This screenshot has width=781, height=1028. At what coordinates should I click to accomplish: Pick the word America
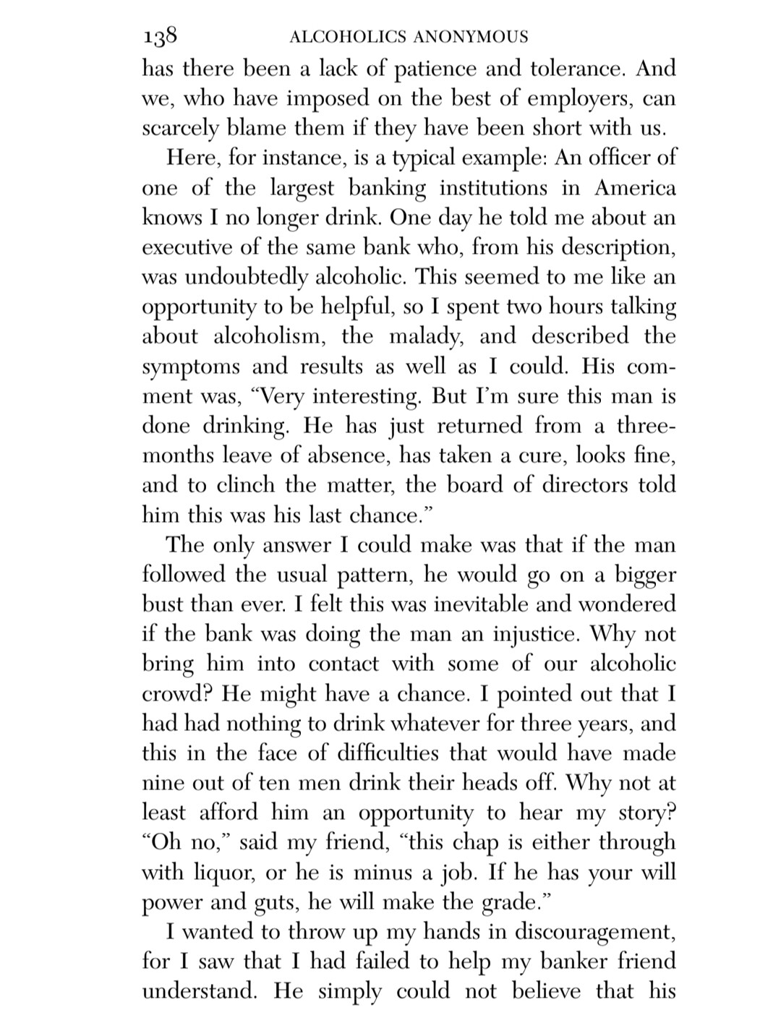(x=635, y=189)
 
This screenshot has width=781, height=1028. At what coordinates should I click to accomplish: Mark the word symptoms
(x=192, y=367)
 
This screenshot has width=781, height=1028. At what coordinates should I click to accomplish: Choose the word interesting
(x=366, y=397)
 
